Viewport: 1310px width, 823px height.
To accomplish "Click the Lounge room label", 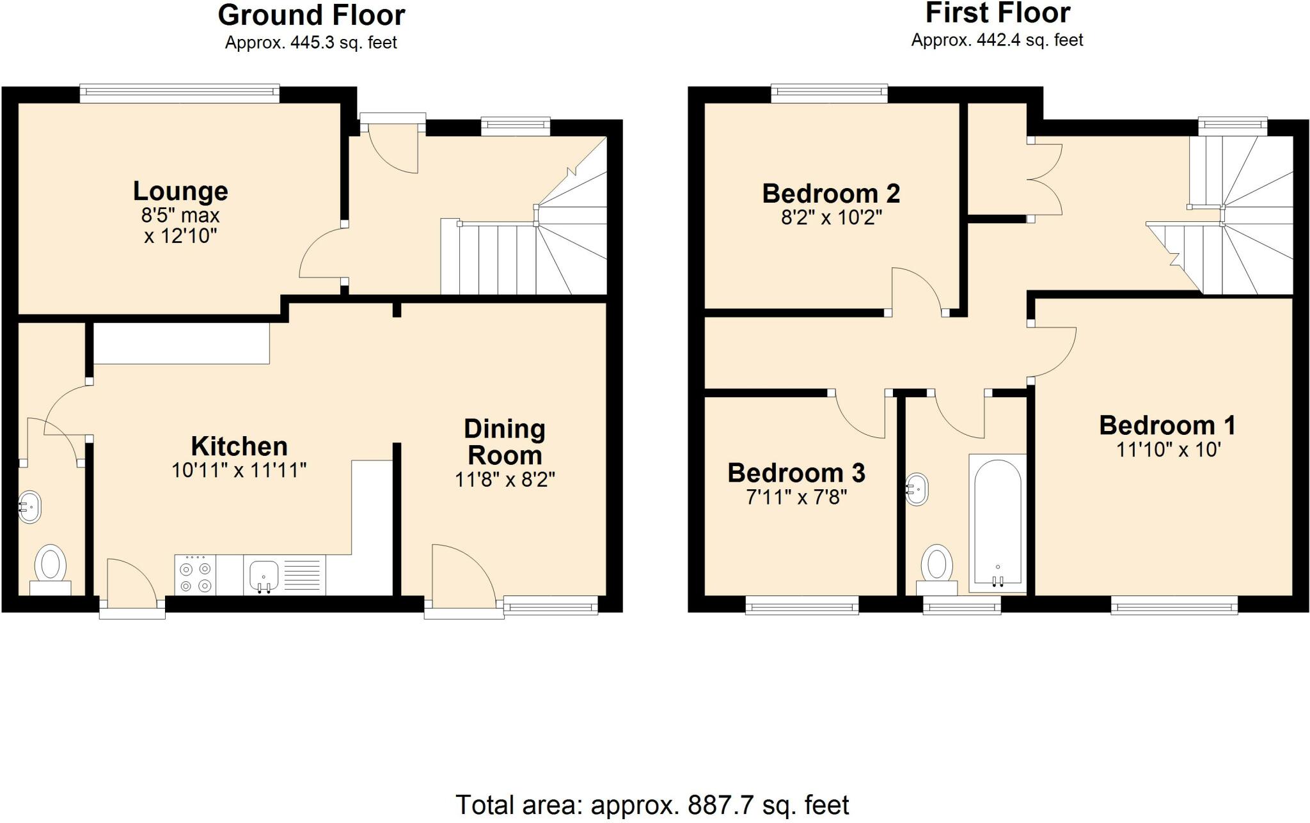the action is point(180,191).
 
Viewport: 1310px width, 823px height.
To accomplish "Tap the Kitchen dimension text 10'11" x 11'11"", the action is point(239,471).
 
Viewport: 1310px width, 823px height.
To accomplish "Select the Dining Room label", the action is point(505,443).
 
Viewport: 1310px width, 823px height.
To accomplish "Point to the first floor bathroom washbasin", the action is point(917,490).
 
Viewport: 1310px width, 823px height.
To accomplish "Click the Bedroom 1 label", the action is point(1167,425).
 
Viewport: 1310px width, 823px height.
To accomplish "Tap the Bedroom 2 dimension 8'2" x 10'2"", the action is point(832,218).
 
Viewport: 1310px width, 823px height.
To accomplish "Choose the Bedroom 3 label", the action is point(796,473).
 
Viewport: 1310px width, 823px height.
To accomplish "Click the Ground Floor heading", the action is point(312,15).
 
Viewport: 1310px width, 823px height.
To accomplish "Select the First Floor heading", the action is point(998,13).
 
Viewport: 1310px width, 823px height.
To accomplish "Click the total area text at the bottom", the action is point(652,805).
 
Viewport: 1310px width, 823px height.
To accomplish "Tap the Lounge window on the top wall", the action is point(180,94).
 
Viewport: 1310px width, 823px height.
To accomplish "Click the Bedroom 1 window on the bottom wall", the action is point(1174,605).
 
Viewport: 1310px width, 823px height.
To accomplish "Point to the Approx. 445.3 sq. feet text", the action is point(311,43).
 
